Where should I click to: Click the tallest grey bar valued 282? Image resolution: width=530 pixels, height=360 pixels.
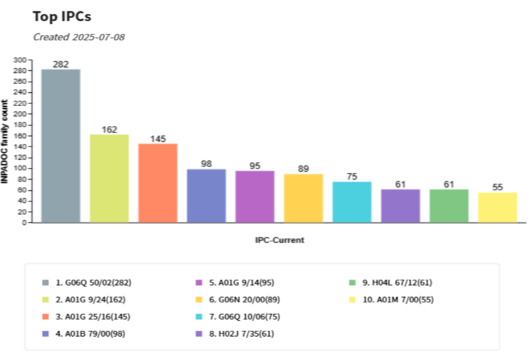pyautogui.click(x=60, y=146)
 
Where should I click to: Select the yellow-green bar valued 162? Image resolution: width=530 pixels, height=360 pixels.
pyautogui.click(x=109, y=178)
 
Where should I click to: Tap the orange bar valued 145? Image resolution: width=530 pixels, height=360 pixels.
pyautogui.click(x=158, y=183)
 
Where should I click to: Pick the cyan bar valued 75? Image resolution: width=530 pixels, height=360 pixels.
pyautogui.click(x=352, y=202)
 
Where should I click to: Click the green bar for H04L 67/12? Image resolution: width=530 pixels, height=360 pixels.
pyautogui.click(x=449, y=206)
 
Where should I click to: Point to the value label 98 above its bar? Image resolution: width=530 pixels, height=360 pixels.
pyautogui.click(x=206, y=164)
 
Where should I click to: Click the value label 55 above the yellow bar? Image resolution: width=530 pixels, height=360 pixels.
pyautogui.click(x=498, y=188)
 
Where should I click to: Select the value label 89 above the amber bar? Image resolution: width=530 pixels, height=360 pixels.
pyautogui.click(x=303, y=169)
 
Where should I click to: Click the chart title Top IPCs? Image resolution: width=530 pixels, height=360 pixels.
pyautogui.click(x=62, y=17)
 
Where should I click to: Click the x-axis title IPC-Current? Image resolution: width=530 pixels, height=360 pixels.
pyautogui.click(x=280, y=240)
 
